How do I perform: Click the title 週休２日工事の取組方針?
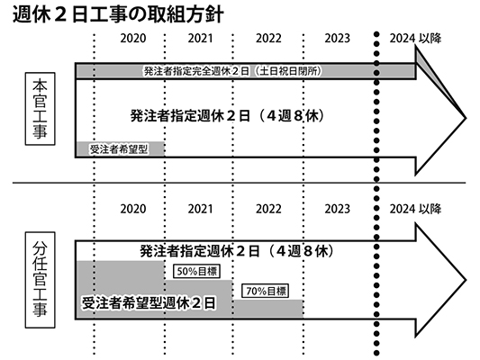pyautogui.click(x=118, y=13)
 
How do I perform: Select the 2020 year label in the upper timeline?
pyautogui.click(x=133, y=38)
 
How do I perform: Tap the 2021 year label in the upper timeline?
pyautogui.click(x=200, y=38)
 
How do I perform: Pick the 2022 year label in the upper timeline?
pyautogui.click(x=268, y=38)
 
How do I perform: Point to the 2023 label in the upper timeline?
pyautogui.click(x=337, y=38)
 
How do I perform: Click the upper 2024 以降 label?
pyautogui.click(x=415, y=38)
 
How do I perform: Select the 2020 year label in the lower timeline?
pyautogui.click(x=133, y=209)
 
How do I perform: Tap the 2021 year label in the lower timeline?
pyautogui.click(x=200, y=209)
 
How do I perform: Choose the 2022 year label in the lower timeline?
pyautogui.click(x=268, y=209)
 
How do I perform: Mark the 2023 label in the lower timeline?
pyautogui.click(x=337, y=209)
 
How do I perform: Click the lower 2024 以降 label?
pyautogui.click(x=415, y=209)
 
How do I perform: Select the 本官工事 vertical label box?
pyautogui.click(x=41, y=109)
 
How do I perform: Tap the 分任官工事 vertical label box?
pyautogui.click(x=41, y=280)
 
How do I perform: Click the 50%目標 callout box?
pyautogui.click(x=196, y=271)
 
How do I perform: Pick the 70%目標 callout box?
pyautogui.click(x=265, y=291)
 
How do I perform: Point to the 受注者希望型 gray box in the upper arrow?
pyautogui.click(x=121, y=149)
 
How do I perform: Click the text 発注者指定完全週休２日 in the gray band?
pyautogui.click(x=196, y=71)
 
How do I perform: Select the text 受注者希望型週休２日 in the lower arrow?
pyautogui.click(x=149, y=303)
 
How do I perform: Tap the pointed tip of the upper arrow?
pyautogui.click(x=466, y=118)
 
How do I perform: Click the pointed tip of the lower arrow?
pyautogui.click(x=466, y=280)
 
